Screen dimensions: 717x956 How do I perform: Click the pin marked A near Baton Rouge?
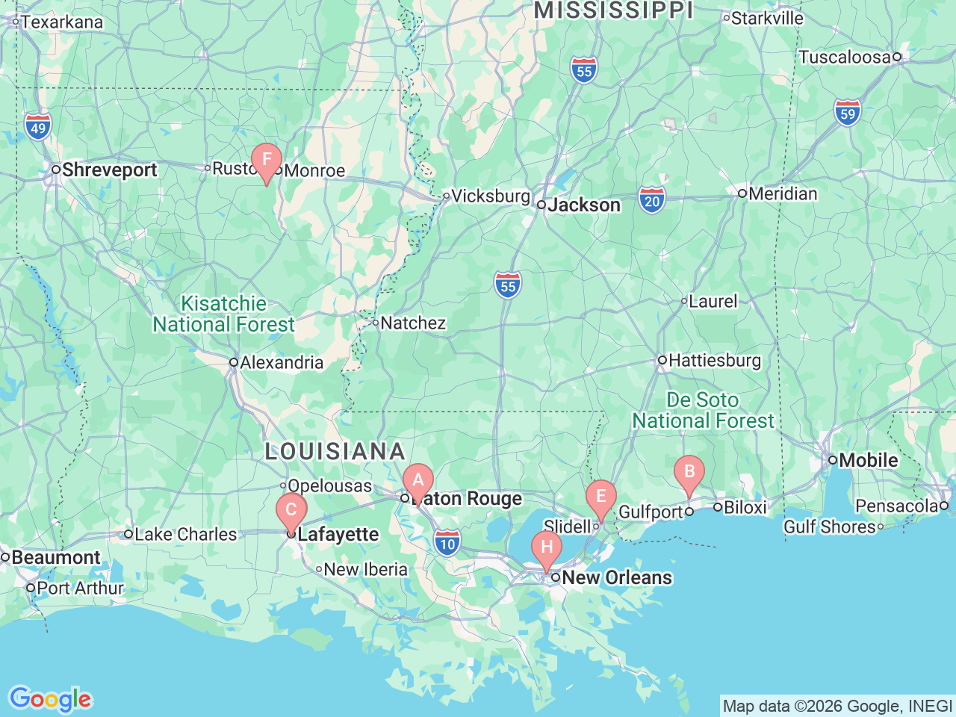[418, 480]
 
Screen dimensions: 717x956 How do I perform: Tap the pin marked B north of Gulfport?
[689, 472]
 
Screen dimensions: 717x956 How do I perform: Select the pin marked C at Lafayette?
[291, 511]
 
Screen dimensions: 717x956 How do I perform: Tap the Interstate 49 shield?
[38, 126]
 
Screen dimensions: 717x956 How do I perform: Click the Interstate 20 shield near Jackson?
[652, 200]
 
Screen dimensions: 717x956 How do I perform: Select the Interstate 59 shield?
[848, 113]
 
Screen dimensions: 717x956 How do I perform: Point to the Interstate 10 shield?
[447, 542]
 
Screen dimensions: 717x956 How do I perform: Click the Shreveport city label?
[109, 170]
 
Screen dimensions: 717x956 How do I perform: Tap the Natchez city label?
[412, 323]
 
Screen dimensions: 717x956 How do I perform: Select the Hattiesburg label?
[714, 361]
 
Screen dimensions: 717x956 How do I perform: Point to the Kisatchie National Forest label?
[224, 314]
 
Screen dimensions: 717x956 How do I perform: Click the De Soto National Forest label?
[703, 411]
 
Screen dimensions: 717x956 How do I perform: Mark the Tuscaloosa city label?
[845, 58]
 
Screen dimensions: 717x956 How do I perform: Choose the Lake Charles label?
[185, 535]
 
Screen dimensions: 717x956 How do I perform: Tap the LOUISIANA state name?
[335, 451]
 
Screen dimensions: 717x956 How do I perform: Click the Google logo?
[50, 700]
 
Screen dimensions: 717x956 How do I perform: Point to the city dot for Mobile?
[833, 460]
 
